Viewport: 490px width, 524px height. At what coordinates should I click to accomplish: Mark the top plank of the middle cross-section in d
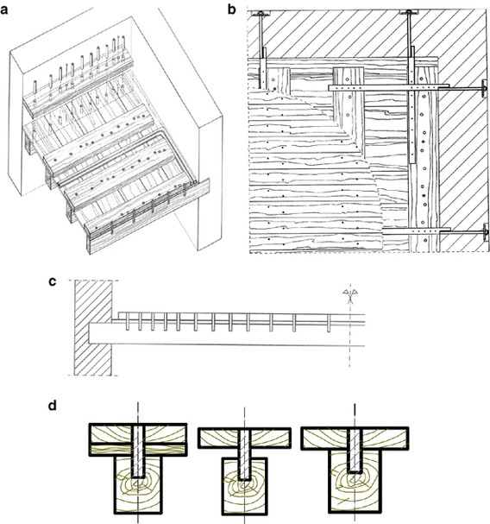(246, 437)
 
